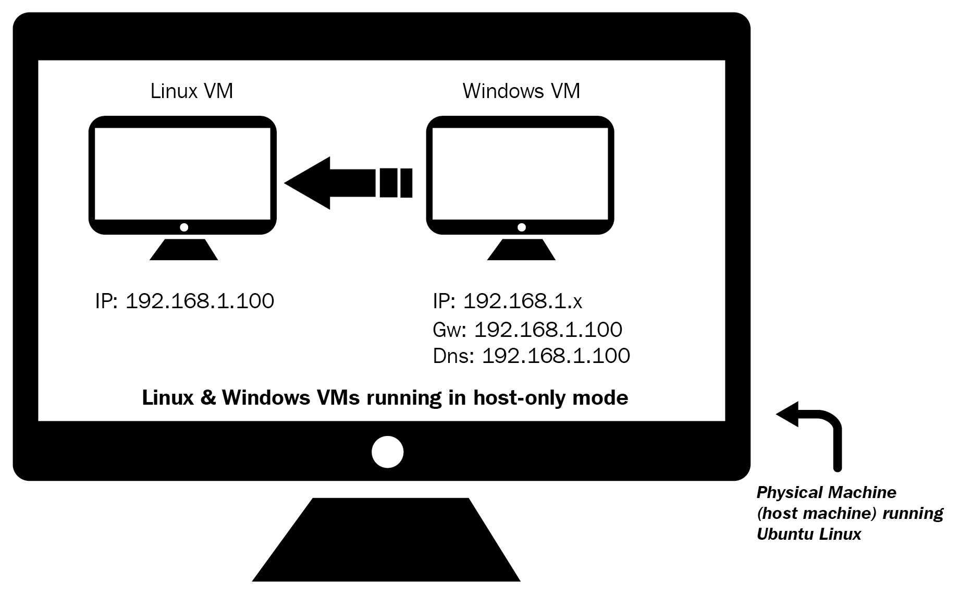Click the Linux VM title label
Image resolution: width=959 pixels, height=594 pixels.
coord(191,91)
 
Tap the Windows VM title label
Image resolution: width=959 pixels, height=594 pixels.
coord(521,91)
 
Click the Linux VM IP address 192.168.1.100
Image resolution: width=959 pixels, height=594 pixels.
coord(200,301)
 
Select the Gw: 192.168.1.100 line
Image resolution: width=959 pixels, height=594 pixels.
coord(527,330)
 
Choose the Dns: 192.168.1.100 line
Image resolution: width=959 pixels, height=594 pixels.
coord(531,356)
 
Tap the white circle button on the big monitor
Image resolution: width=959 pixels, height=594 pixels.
coord(387,452)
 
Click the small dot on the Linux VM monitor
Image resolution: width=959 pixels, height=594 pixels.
coord(183,227)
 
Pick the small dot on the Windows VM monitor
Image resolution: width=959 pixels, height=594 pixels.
coord(521,227)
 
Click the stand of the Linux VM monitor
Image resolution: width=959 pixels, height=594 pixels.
coord(183,250)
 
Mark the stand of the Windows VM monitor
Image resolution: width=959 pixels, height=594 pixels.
coord(521,250)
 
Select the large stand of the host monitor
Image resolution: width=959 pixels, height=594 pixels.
coord(386,542)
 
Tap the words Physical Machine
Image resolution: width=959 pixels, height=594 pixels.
coord(826,493)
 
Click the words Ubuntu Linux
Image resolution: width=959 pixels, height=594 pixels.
coord(808,535)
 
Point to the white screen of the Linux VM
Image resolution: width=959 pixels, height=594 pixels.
coord(182,173)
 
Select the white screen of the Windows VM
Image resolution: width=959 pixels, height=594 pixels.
coord(520,173)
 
